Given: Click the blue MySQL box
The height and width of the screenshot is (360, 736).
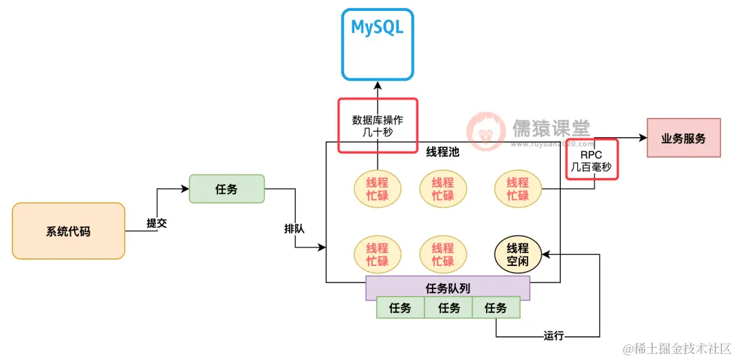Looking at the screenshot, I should (377, 44).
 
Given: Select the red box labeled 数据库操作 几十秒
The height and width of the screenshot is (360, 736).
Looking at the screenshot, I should (377, 125).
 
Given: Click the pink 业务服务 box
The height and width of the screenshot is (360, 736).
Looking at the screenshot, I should (683, 139).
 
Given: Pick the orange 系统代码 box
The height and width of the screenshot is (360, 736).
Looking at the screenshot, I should (68, 231).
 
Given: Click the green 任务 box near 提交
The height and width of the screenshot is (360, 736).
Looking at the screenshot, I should (226, 189).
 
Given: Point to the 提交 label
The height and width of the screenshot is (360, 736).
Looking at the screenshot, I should (157, 223).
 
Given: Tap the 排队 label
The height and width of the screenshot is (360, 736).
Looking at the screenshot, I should (294, 229).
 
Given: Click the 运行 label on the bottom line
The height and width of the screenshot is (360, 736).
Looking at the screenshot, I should (555, 335).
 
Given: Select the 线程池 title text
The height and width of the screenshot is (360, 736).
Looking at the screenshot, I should (443, 151).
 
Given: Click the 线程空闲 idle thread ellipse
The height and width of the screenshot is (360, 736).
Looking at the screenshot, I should (518, 254).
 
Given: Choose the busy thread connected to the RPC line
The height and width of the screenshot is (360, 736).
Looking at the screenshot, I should (518, 189).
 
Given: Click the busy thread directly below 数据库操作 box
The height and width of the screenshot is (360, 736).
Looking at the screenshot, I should (377, 189).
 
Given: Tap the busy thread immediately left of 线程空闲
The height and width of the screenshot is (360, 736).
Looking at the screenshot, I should (443, 254).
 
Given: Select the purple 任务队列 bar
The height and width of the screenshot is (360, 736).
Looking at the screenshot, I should (448, 288).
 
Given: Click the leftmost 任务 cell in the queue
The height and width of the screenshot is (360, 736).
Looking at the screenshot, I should (401, 308).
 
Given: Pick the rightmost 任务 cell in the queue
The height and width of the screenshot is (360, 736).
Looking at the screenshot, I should (495, 308).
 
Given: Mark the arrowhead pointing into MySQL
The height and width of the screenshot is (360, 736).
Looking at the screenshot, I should (377, 85).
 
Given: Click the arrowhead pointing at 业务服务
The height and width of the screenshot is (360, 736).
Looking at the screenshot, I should (641, 138).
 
